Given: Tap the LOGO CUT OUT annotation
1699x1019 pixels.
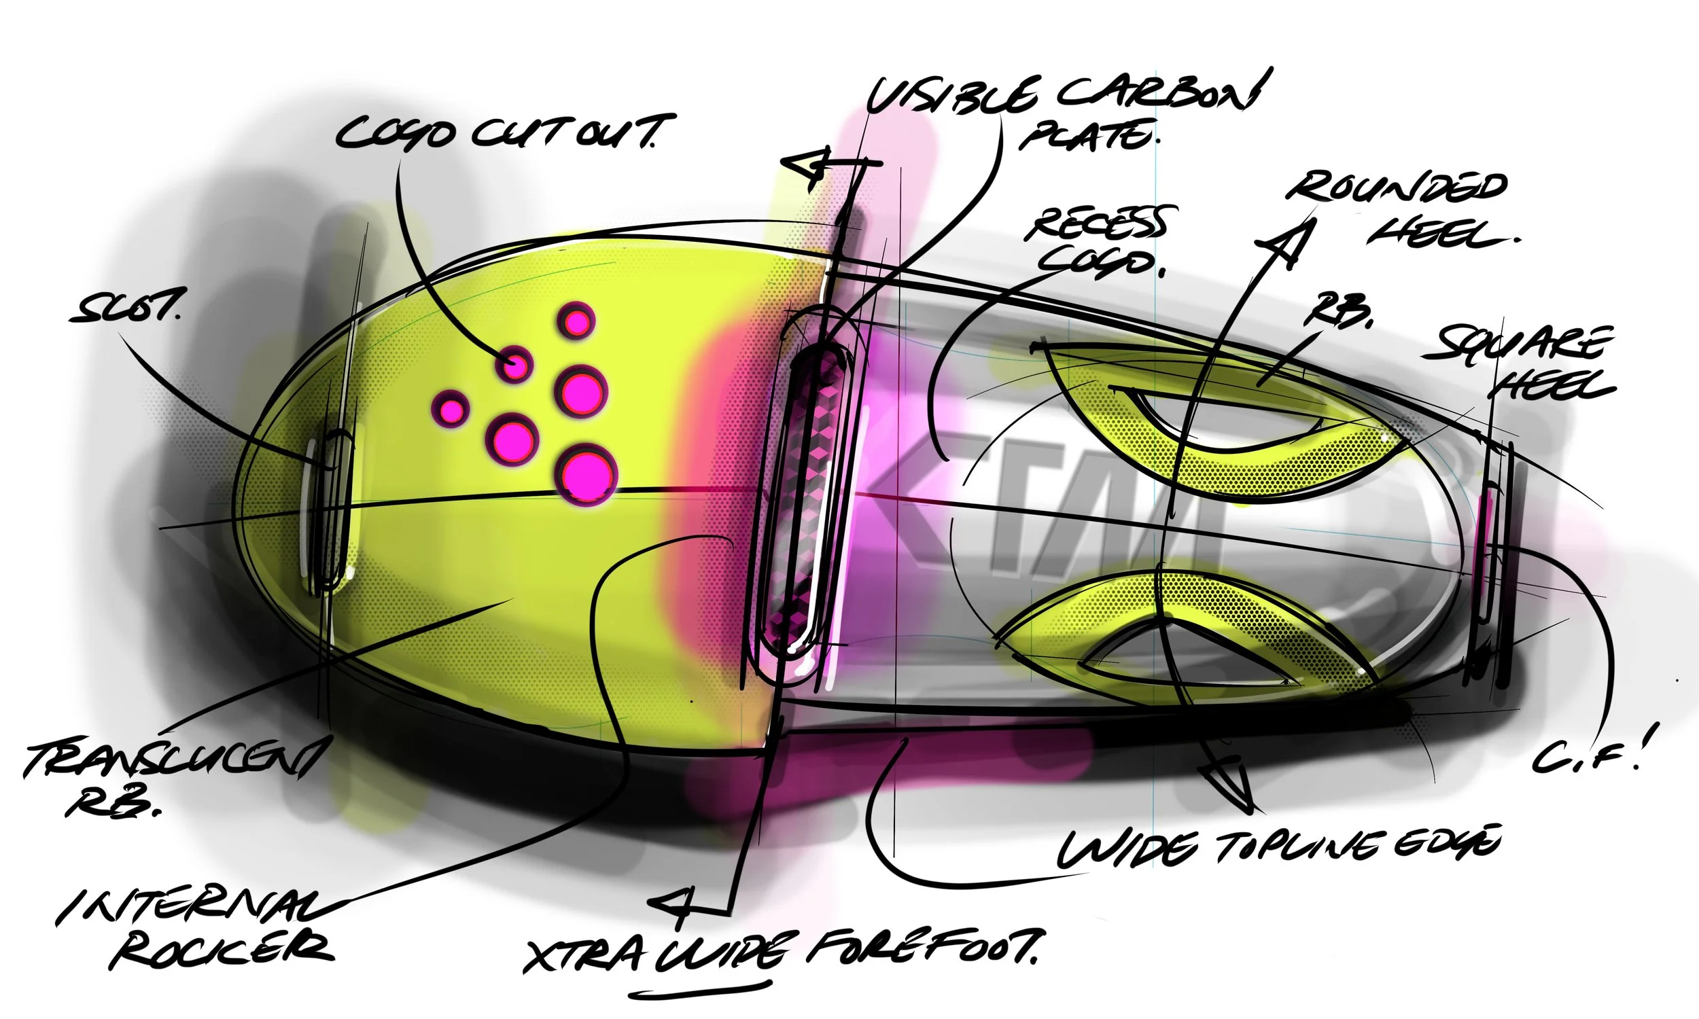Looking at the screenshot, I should coord(505,132).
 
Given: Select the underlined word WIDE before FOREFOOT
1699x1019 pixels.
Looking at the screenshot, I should coord(718,952).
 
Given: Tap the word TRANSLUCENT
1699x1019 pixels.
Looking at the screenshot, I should coord(172,759).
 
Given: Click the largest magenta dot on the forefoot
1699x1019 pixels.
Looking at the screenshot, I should coord(587,473).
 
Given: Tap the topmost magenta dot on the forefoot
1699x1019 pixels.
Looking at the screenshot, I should coord(576,321).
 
